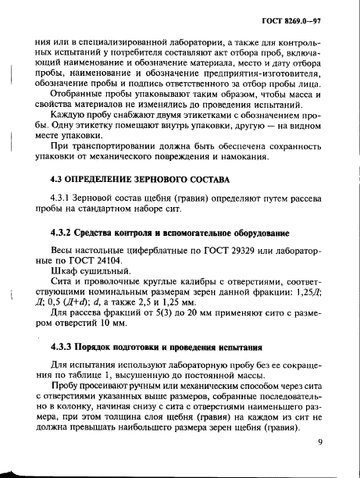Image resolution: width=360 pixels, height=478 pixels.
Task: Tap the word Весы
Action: click(64, 250)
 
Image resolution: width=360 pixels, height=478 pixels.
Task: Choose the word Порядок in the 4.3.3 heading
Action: click(104, 345)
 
